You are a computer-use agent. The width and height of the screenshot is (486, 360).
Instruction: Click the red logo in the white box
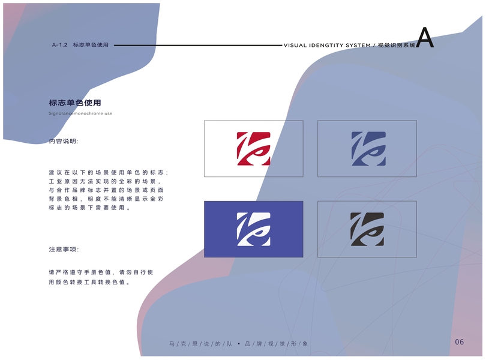pos(253,148)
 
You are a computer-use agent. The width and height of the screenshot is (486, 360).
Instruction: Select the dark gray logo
pos(367,230)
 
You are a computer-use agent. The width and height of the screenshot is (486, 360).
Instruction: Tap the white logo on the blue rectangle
pos(253,230)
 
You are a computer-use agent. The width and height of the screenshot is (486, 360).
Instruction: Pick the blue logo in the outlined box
pos(367,148)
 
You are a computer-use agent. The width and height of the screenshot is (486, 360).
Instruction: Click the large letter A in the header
pos(424,38)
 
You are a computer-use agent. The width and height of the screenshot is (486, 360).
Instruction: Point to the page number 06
pos(460,342)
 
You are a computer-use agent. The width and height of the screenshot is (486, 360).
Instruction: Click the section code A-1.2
pos(59,45)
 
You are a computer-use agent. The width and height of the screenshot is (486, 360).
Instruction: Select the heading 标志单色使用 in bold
pos(75,103)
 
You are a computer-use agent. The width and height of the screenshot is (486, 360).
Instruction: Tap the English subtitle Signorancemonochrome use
pos(80,113)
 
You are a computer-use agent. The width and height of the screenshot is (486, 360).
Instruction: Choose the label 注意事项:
pos(64,249)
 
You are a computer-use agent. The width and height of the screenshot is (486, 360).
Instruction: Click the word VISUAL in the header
pos(296,46)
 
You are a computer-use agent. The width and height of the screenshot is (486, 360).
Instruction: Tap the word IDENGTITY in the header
pos(325,46)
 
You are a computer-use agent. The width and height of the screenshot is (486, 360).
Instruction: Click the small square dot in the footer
pos(239,344)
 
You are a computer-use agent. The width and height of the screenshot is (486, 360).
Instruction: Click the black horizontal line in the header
pos(198,45)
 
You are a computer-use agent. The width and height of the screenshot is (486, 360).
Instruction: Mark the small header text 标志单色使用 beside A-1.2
pos(91,45)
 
